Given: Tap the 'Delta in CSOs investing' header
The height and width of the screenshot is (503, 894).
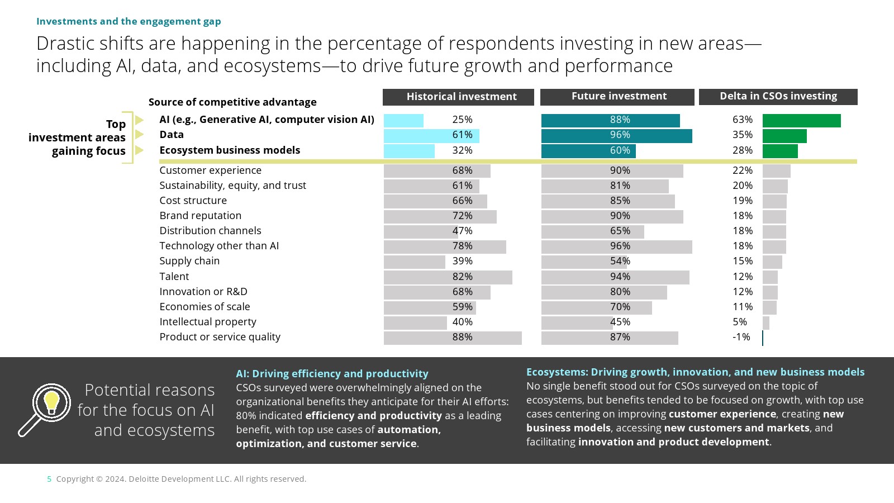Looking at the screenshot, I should (778, 97).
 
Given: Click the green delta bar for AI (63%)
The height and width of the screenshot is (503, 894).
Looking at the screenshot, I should (801, 121).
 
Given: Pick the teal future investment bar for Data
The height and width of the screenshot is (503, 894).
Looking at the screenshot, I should (616, 136).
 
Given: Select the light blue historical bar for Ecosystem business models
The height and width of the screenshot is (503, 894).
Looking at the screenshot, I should (409, 151).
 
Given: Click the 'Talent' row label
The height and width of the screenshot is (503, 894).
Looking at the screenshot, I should (174, 277).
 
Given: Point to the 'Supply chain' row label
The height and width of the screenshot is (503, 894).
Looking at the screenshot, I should (189, 261).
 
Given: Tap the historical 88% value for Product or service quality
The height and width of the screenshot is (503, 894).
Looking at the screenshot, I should (462, 337).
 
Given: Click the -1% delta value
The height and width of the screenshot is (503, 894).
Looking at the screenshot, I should (741, 337).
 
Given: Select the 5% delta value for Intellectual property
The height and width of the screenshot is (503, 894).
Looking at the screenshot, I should (740, 322).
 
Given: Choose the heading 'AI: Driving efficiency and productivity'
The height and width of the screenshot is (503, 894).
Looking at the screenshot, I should (332, 374).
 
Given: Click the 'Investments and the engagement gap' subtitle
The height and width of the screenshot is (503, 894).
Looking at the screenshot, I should (129, 21).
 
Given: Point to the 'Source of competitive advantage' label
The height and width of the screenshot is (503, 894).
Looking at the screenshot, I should (232, 102).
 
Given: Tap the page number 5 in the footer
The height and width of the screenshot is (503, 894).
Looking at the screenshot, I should (49, 479).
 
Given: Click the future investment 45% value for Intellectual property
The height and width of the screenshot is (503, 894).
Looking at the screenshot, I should (620, 322).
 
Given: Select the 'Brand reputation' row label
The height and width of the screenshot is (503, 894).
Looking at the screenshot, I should (201, 216).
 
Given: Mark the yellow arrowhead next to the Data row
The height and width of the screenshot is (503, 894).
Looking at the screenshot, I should (140, 135).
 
